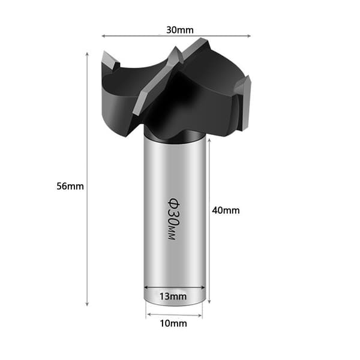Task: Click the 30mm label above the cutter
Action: (x=180, y=30)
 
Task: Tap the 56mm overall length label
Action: (x=70, y=186)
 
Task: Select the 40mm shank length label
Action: (x=226, y=211)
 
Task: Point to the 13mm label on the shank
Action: (x=173, y=296)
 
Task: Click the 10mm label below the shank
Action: (x=173, y=323)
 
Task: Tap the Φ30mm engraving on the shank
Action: (x=173, y=219)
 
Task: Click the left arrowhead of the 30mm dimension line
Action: (x=103, y=36)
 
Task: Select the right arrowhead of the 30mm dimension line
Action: (x=248, y=36)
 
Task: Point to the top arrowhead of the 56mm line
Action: (x=87, y=54)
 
